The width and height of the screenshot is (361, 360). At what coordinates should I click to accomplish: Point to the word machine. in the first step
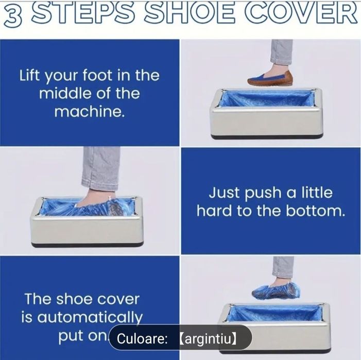pos(90,111)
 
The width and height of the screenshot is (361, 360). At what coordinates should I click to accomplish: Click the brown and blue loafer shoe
pos(270,78)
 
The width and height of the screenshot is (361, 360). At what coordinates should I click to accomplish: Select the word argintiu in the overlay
pos(208,338)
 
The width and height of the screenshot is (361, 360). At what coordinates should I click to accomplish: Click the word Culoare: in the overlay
pos(142,338)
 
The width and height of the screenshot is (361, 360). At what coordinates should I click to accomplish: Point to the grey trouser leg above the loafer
pos(281,52)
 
